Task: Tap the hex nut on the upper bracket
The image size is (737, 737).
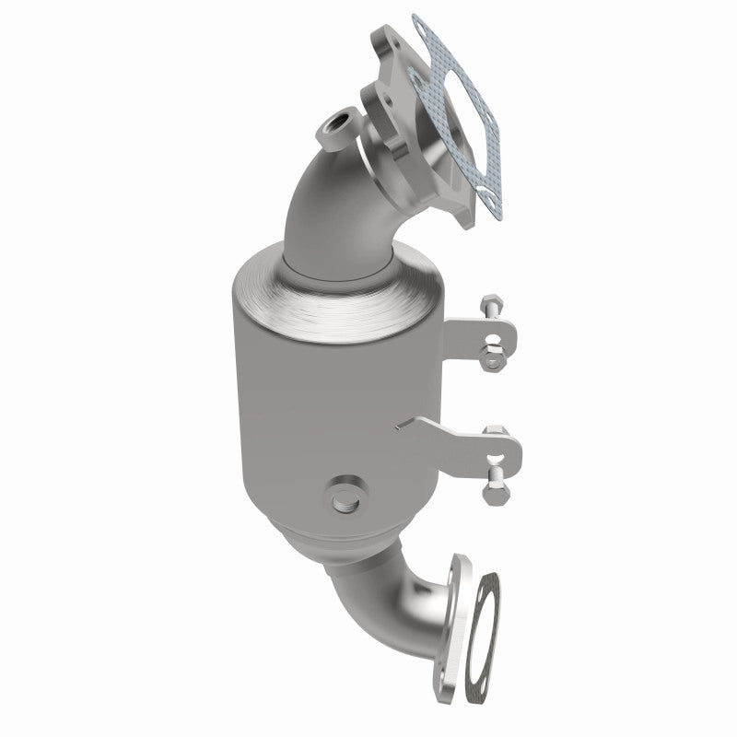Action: [494, 357]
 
